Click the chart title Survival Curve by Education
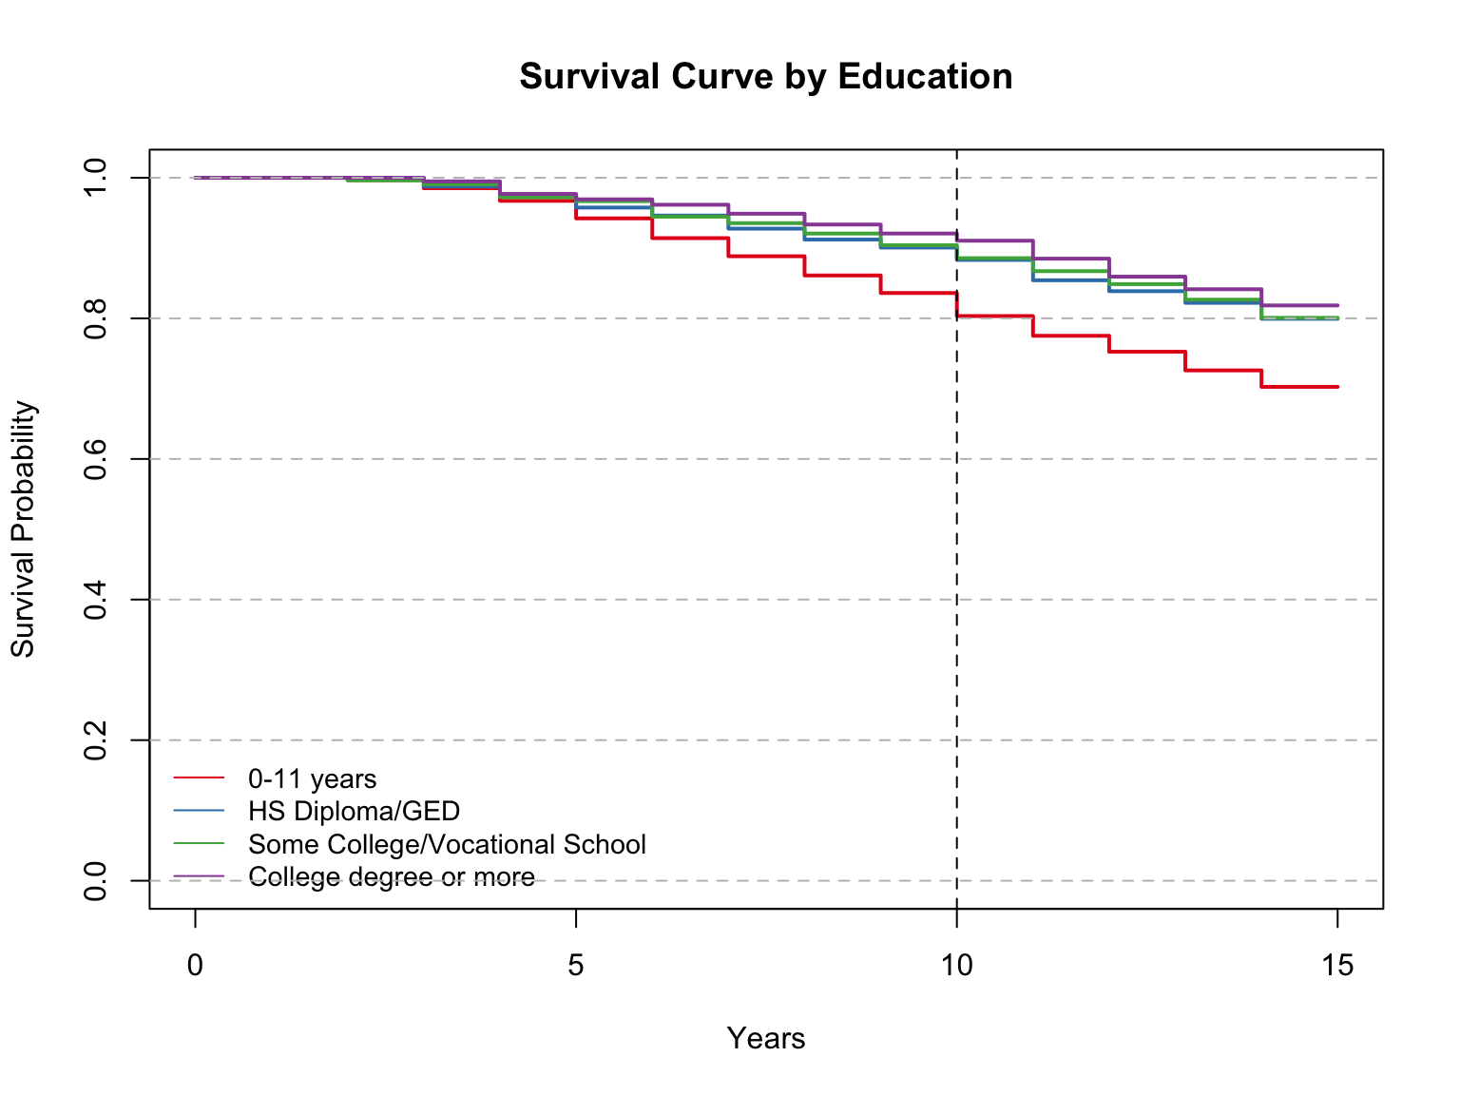pyautogui.click(x=766, y=76)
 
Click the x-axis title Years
pyautogui.click(x=766, y=1038)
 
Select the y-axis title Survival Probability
pyautogui.click(x=23, y=528)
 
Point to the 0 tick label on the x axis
pyautogui.click(x=195, y=966)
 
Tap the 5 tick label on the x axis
pyautogui.click(x=576, y=966)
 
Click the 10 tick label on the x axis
pyautogui.click(x=956, y=966)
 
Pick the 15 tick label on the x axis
pyautogui.click(x=1337, y=966)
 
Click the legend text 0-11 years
pyautogui.click(x=312, y=779)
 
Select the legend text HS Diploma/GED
pyautogui.click(x=354, y=812)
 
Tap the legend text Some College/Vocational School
pyautogui.click(x=447, y=844)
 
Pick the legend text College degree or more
pyautogui.click(x=391, y=876)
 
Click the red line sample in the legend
pyautogui.click(x=199, y=778)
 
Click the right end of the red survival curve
pyautogui.click(x=1336, y=387)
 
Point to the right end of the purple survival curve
pyautogui.click(x=1336, y=305)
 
